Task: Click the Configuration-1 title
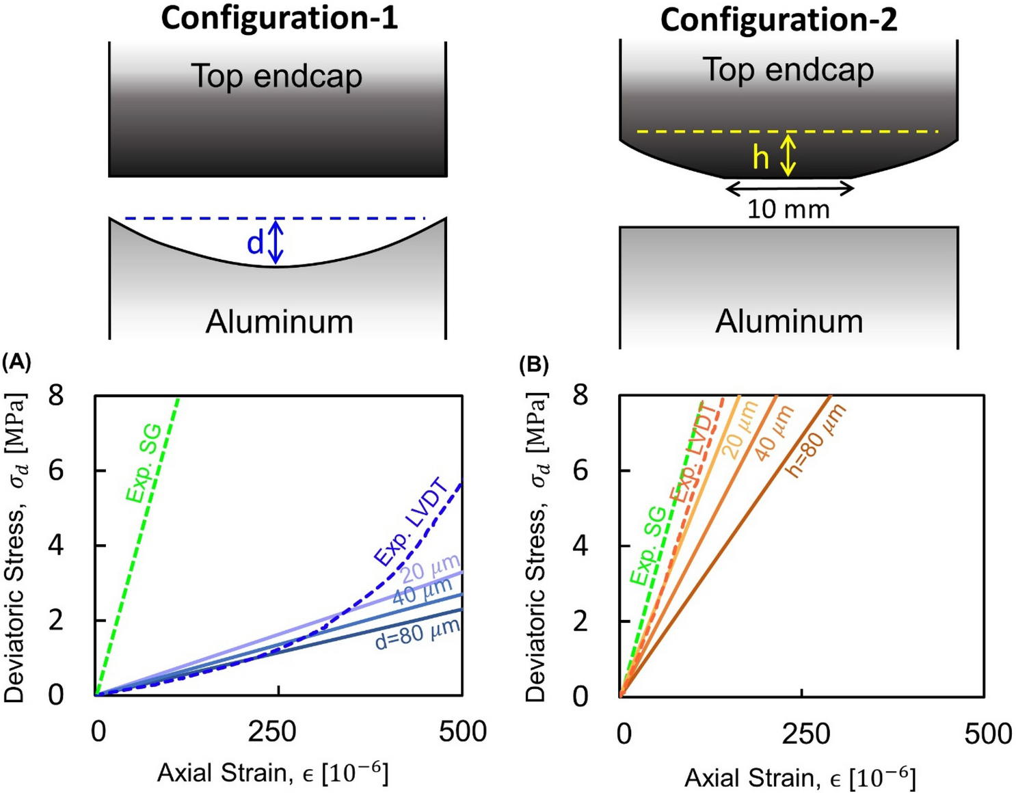[x=279, y=18]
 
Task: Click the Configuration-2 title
[x=778, y=20]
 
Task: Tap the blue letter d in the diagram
[x=255, y=243]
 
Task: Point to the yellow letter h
[x=760, y=158]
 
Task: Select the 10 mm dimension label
[x=788, y=209]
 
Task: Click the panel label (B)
[x=534, y=365]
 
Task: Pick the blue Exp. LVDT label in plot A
[x=410, y=523]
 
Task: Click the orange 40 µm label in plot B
[x=774, y=433]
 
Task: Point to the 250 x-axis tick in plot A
[x=272, y=732]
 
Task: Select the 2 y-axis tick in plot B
[x=580, y=621]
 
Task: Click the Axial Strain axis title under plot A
[x=273, y=773]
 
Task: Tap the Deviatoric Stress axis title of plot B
[x=538, y=547]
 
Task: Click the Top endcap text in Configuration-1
[x=276, y=76]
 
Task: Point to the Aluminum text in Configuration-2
[x=789, y=321]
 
